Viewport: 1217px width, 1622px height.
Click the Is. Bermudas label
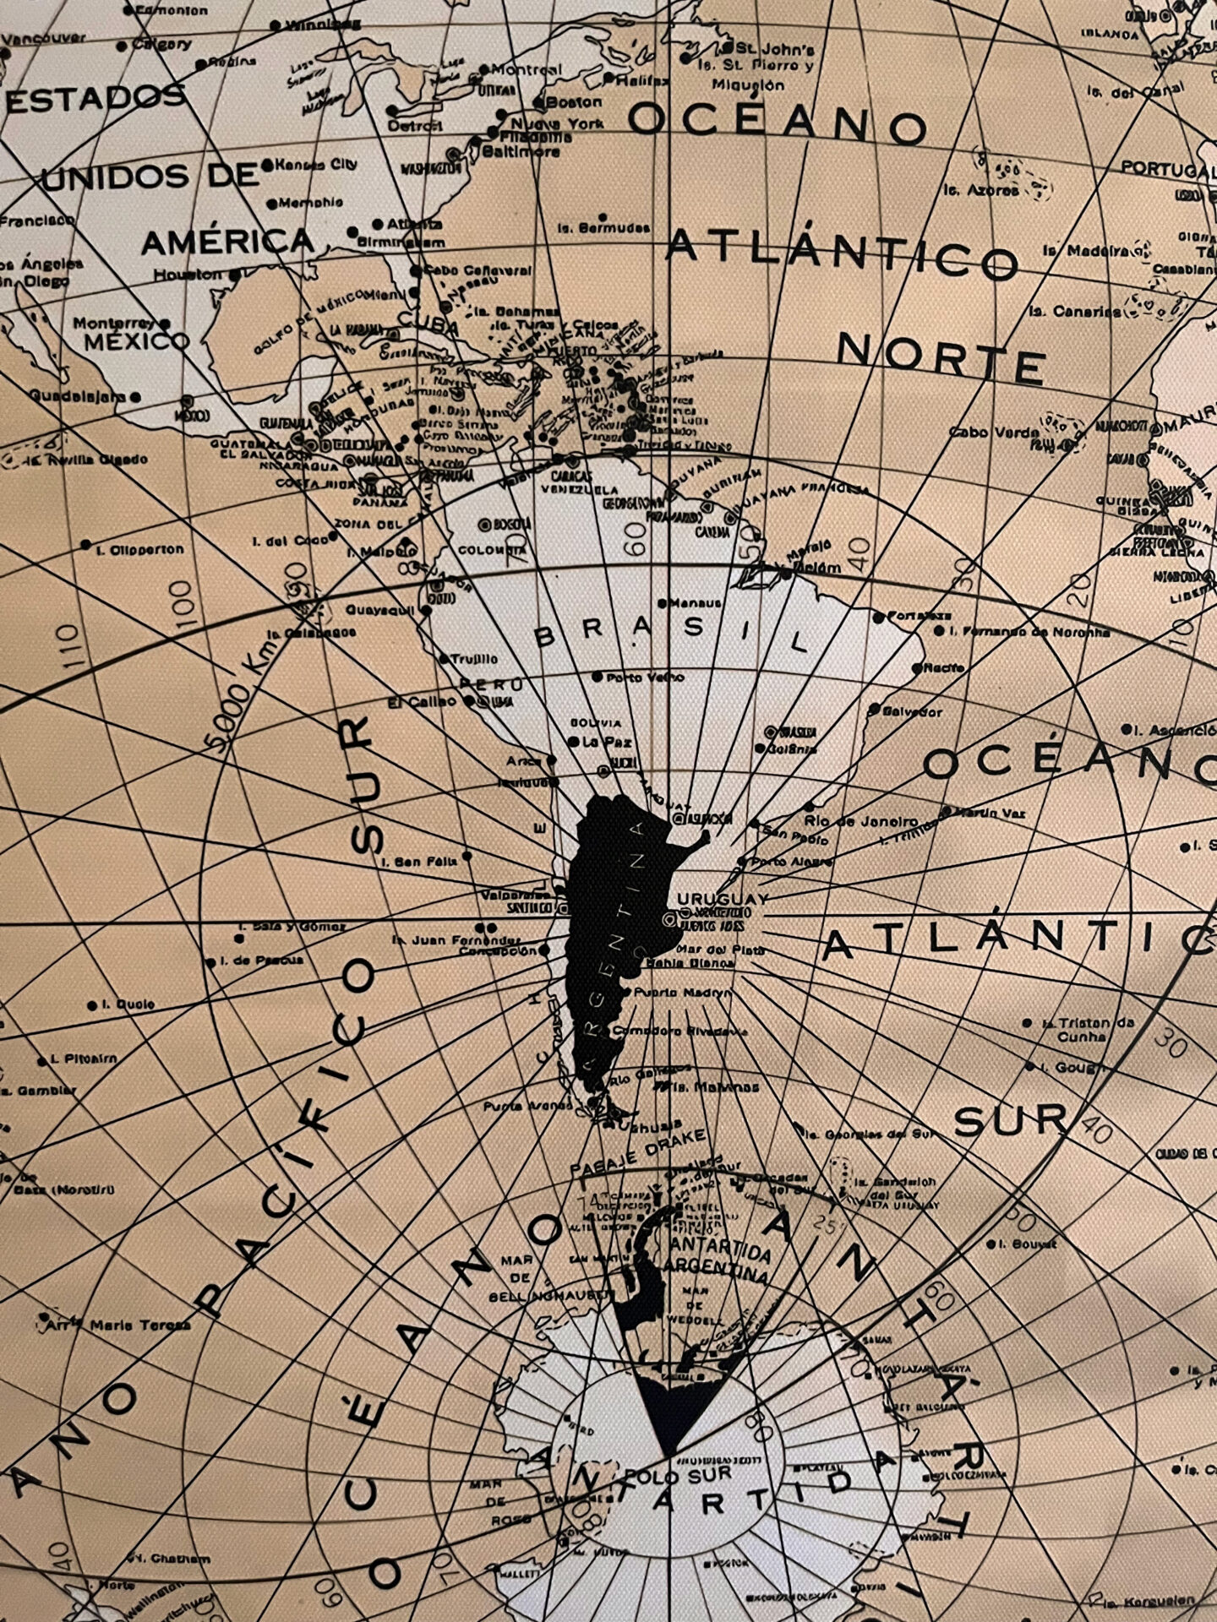click(x=603, y=228)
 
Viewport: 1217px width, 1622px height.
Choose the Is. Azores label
click(x=981, y=191)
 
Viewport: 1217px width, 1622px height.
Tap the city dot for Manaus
click(x=669, y=603)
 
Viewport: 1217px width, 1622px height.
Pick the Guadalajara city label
click(x=74, y=395)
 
